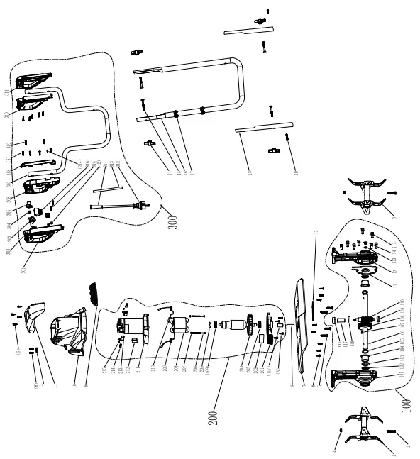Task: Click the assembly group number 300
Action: click(x=172, y=218)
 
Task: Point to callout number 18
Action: click(x=249, y=172)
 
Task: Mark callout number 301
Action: click(x=23, y=269)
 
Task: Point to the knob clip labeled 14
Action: click(x=150, y=144)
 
